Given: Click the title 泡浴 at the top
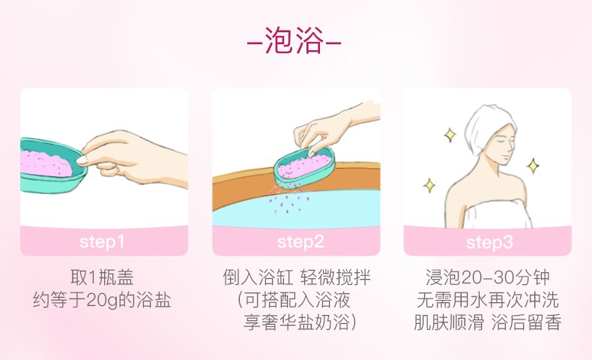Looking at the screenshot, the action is coord(294,40).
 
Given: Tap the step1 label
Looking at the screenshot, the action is coord(102,242).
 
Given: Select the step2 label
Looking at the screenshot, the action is coord(300,242).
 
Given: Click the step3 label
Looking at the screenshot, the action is coord(489,242).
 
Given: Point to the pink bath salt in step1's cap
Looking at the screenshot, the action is coord(45,163).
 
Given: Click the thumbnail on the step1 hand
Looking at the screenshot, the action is coord(82,160).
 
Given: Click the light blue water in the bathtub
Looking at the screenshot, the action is coord(298,211).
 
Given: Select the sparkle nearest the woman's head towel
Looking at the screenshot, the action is coord(450,135).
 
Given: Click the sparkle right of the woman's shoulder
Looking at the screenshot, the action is coord(533,166).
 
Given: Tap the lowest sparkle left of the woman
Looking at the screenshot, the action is coord(429,185).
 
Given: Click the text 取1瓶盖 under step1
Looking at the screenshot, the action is coord(102,277).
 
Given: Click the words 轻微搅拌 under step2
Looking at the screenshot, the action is coord(336,277).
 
